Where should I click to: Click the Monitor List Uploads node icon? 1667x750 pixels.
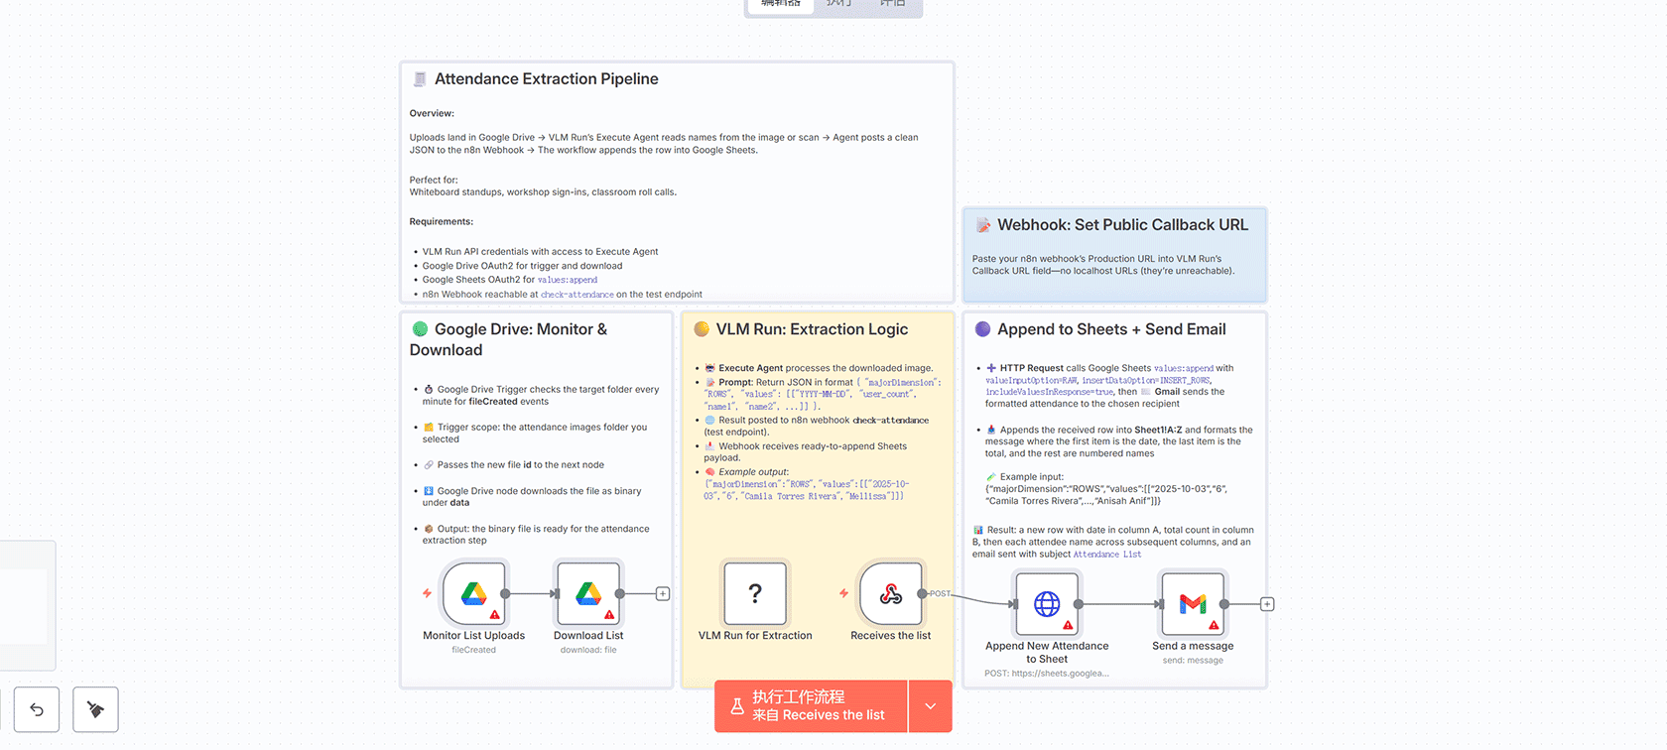click(474, 594)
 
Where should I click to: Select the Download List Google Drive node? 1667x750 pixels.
click(588, 594)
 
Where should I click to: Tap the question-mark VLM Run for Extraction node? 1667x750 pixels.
click(755, 594)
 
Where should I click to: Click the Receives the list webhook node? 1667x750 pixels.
click(891, 594)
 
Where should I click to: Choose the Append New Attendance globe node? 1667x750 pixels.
click(1047, 604)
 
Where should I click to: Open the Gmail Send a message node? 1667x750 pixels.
click(1193, 604)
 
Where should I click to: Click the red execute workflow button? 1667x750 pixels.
click(811, 706)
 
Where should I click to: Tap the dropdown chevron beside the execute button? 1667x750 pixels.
click(931, 706)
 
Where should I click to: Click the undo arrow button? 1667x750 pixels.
click(37, 709)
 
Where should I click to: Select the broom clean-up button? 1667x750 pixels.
click(96, 709)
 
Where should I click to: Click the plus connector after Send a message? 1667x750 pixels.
click(1267, 604)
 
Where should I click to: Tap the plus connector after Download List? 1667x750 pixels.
click(663, 594)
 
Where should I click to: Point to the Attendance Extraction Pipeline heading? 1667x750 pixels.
click(546, 79)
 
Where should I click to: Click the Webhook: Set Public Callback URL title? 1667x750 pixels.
click(1122, 225)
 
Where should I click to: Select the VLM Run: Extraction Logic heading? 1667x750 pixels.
click(812, 329)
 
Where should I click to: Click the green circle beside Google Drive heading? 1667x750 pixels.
click(420, 329)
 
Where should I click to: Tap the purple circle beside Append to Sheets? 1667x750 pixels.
click(982, 329)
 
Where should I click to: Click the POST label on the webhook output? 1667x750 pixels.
click(940, 594)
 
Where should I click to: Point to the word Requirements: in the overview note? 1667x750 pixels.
click(442, 222)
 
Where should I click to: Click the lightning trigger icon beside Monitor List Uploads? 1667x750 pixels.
click(427, 593)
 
